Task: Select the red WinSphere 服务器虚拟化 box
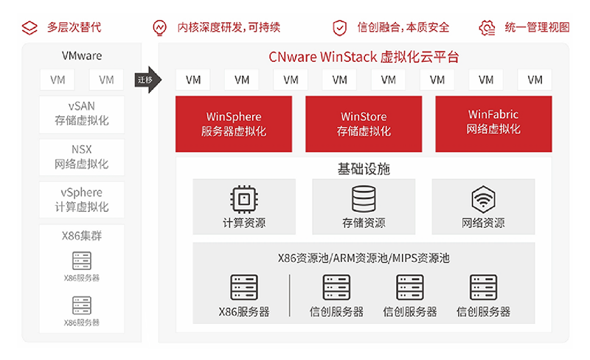click(x=234, y=124)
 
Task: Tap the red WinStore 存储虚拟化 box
click(x=364, y=124)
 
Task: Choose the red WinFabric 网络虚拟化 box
click(x=493, y=122)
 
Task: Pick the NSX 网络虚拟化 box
click(x=81, y=156)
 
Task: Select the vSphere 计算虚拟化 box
click(x=81, y=200)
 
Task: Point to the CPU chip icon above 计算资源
click(x=243, y=198)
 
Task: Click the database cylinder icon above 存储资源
click(x=363, y=198)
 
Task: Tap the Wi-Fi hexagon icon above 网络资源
click(x=483, y=198)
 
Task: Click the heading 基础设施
click(x=364, y=170)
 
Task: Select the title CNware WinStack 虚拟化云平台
click(x=363, y=58)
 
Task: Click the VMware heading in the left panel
click(x=81, y=55)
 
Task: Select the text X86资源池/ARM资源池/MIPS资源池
click(x=364, y=258)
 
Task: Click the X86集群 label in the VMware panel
click(x=81, y=236)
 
